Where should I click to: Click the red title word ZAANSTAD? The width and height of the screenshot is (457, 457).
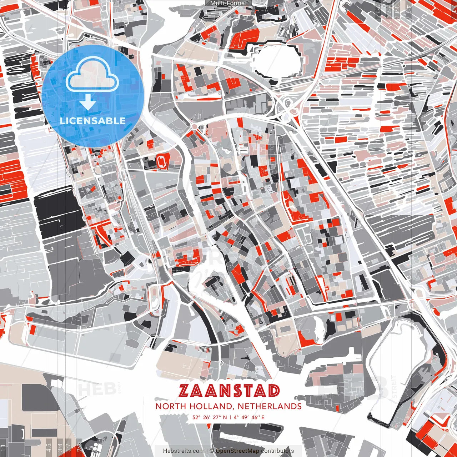click(229, 391)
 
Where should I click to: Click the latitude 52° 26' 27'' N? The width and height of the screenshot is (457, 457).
click(209, 417)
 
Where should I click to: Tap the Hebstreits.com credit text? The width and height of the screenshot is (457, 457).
click(184, 451)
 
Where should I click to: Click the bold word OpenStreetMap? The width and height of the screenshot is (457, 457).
click(237, 451)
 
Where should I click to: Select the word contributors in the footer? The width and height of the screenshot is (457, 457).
click(277, 451)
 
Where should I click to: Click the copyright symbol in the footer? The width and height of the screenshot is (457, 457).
click(212, 451)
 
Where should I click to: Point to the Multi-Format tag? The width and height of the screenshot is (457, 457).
click(228, 3)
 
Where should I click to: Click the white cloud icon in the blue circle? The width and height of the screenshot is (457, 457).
click(92, 76)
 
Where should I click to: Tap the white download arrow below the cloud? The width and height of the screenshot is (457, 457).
click(88, 102)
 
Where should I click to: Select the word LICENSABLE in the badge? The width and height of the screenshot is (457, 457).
click(93, 121)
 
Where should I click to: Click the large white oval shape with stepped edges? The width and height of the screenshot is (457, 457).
click(277, 60)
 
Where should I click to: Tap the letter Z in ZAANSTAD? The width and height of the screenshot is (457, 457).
click(185, 391)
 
